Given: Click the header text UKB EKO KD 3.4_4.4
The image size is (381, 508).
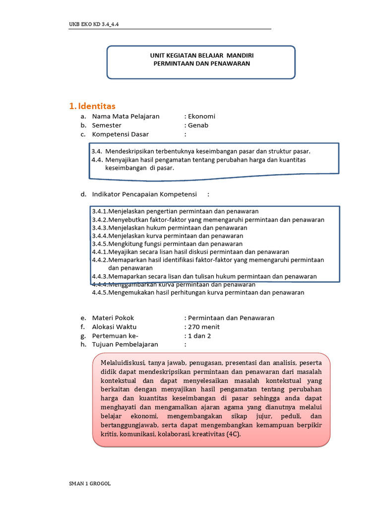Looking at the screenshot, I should point(94,24).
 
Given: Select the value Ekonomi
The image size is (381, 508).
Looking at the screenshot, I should point(201,117).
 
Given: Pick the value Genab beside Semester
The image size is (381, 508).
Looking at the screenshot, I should point(198,126).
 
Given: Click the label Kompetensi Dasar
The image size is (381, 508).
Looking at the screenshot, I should point(120,134).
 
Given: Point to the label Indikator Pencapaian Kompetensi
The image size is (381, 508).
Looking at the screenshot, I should point(144,194).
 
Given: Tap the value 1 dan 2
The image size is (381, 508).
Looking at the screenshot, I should point(199,336).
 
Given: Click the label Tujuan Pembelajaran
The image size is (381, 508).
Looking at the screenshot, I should point(125,344).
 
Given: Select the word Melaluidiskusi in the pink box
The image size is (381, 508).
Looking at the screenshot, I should point(121,363).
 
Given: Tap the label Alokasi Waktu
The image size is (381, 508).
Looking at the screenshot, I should point(114,327).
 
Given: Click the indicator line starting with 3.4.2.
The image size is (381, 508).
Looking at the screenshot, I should point(208,220).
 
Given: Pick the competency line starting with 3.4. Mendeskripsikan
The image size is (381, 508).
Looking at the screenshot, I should point(201,151).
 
